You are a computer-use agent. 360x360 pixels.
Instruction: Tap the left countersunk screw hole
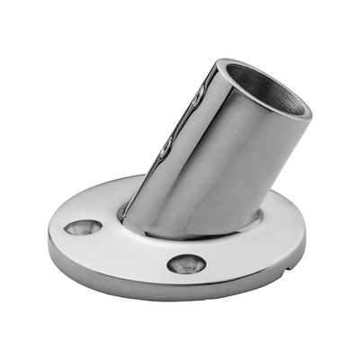click(77, 228)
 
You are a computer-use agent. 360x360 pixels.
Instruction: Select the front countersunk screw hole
click(186, 265)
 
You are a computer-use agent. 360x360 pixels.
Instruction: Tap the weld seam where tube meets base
click(193, 232)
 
